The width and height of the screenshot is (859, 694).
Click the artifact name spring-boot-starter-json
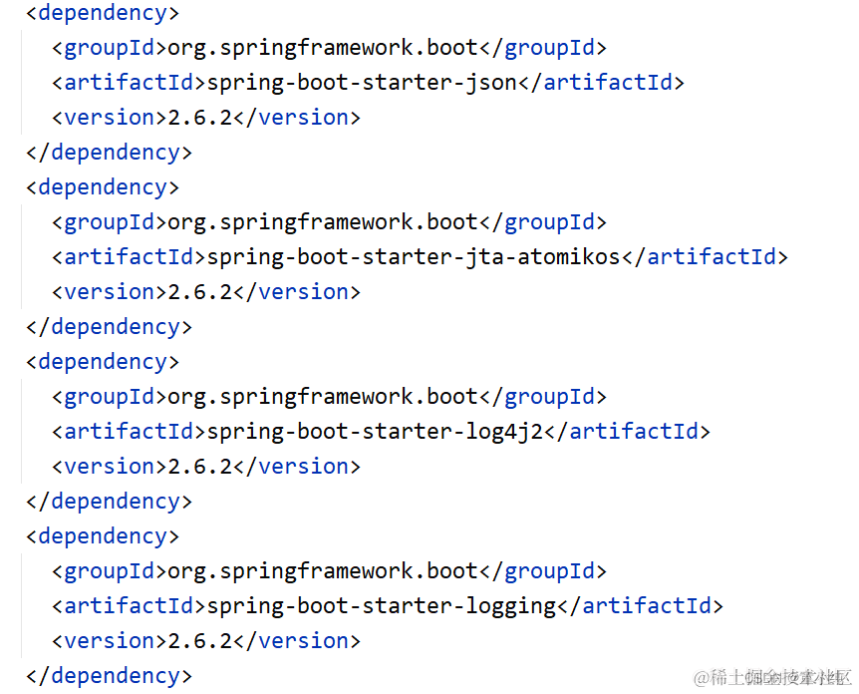point(362,82)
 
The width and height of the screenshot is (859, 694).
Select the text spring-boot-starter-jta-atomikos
point(414,256)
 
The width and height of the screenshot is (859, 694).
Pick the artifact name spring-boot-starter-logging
point(381,605)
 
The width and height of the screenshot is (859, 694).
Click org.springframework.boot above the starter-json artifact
point(323,47)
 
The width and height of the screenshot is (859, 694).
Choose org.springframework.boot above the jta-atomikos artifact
point(323,221)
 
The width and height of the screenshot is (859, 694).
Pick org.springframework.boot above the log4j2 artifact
point(323,396)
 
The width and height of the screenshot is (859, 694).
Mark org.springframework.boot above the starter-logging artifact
point(323,570)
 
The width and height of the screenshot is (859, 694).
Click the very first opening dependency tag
point(103,13)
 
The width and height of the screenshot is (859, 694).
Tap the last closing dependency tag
point(109,675)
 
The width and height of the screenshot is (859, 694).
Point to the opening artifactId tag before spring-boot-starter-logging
point(129,605)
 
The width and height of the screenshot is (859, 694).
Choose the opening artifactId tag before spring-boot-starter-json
point(129,82)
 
